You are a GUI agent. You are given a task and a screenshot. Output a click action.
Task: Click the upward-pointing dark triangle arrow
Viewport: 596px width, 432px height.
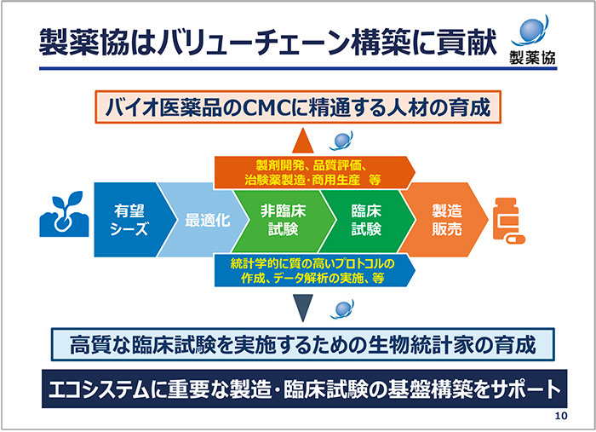pos(302,141)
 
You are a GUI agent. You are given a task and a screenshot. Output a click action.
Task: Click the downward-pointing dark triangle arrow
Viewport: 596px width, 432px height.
pos(302,306)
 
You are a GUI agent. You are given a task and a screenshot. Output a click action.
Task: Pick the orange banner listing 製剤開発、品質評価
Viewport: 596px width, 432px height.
pos(311,171)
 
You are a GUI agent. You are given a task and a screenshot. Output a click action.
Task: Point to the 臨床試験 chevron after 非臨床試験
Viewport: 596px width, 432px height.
pos(366,221)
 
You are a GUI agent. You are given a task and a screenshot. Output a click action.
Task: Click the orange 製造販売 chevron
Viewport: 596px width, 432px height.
pos(444,221)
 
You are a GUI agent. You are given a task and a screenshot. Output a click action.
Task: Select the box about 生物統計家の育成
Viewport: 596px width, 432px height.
pos(297,346)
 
